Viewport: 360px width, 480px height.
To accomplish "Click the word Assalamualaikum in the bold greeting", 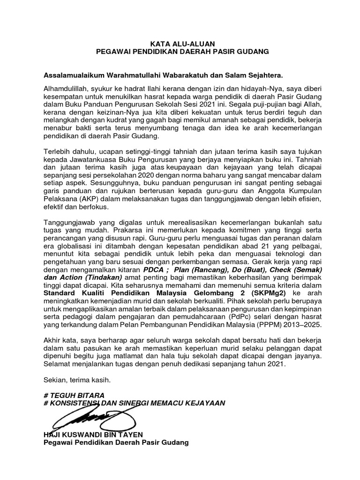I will click(x=75, y=75).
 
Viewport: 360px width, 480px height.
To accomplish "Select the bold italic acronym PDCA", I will click(x=144, y=271).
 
